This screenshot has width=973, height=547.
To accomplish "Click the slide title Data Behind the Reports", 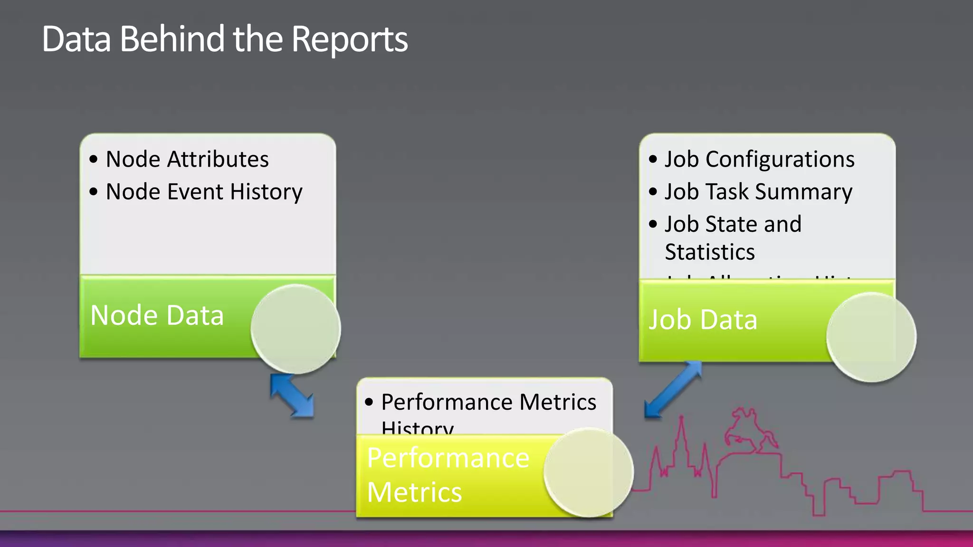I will click(x=224, y=39).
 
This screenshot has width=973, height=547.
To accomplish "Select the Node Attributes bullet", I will click(x=187, y=159).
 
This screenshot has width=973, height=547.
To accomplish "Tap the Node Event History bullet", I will click(x=204, y=192).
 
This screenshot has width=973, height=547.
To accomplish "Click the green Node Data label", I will click(x=157, y=315).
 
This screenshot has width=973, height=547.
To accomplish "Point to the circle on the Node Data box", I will click(x=296, y=329).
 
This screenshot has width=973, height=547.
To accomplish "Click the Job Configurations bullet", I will click(x=759, y=159).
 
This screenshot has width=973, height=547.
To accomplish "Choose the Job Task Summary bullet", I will click(x=758, y=192).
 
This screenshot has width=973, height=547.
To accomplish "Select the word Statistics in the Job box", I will click(x=710, y=252).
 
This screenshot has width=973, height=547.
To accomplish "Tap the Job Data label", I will click(x=703, y=320).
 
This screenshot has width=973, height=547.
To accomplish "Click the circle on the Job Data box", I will click(x=871, y=337).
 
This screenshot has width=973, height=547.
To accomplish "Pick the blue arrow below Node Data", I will click(x=292, y=396).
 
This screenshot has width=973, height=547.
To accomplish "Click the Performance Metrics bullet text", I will click(x=488, y=402).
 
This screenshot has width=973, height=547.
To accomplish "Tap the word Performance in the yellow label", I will click(x=448, y=458).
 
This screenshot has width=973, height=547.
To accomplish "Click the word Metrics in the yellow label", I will click(x=414, y=492).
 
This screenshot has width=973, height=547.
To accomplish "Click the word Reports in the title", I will click(x=349, y=39).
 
